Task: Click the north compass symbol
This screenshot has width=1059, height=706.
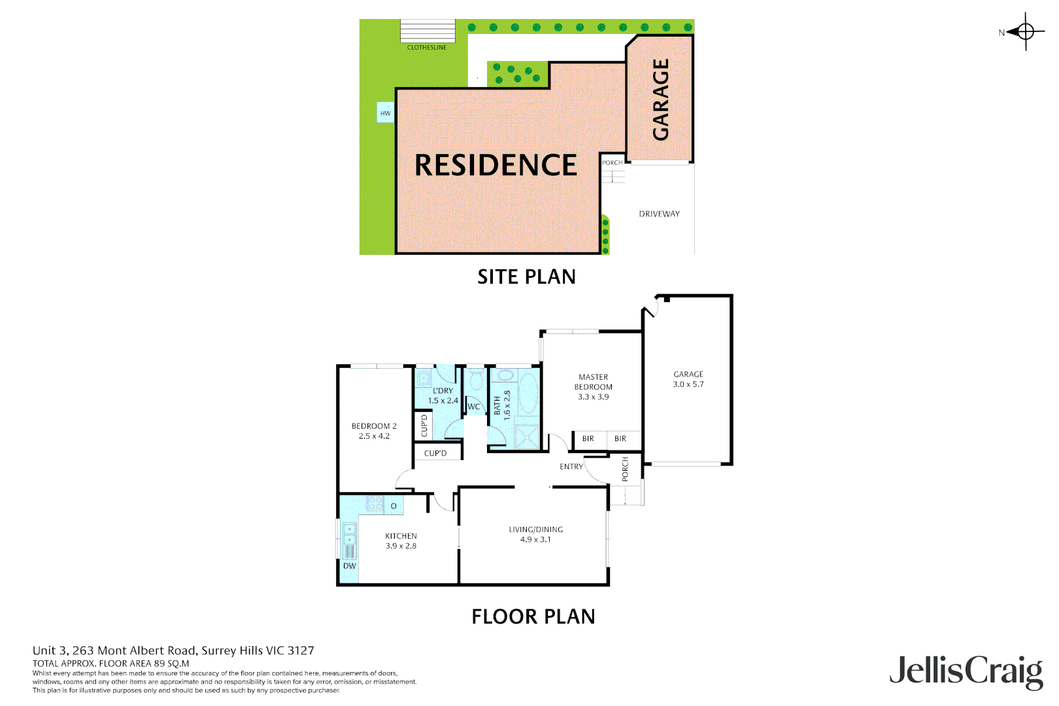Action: click(1025, 31)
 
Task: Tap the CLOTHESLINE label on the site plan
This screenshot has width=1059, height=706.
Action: click(427, 48)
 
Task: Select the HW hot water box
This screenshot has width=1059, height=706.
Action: click(386, 113)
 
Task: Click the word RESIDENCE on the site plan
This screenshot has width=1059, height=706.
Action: click(496, 165)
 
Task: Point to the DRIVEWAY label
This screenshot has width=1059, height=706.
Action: click(659, 214)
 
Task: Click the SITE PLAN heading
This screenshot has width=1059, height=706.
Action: click(526, 277)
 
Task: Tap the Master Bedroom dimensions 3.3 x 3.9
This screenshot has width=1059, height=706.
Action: click(593, 397)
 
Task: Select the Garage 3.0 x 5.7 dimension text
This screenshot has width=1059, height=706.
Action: click(688, 384)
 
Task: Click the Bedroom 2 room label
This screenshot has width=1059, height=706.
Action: click(374, 426)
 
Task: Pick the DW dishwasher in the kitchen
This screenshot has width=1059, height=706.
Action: click(350, 566)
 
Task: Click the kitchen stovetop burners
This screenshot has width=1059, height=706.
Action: click(375, 503)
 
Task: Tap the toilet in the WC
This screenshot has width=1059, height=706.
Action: click(475, 378)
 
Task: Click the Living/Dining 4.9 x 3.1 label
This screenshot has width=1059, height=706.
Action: click(535, 535)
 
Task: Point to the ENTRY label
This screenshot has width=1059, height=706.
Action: click(571, 467)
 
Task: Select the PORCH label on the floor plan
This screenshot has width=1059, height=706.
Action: click(625, 469)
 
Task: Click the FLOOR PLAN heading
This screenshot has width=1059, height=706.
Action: click(533, 616)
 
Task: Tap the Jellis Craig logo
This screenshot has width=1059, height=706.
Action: click(966, 671)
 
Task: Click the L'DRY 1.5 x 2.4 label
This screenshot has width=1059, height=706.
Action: click(443, 396)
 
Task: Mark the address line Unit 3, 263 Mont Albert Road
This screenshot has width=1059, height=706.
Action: click(173, 650)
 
